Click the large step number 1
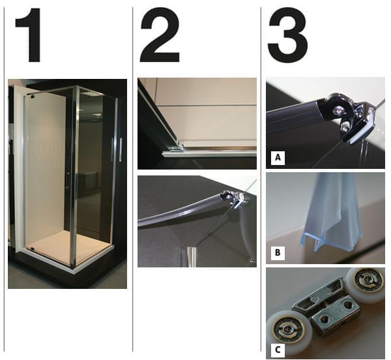click(29, 35)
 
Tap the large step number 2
click(160, 35)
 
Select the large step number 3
click(288, 35)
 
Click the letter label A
click(278, 158)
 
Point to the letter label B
click(278, 252)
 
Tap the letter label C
click(278, 350)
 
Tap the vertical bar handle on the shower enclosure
click(121, 150)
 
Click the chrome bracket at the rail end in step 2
click(236, 198)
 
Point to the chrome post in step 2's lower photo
click(191, 257)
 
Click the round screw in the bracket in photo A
click(337, 109)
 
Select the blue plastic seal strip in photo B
click(332, 215)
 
